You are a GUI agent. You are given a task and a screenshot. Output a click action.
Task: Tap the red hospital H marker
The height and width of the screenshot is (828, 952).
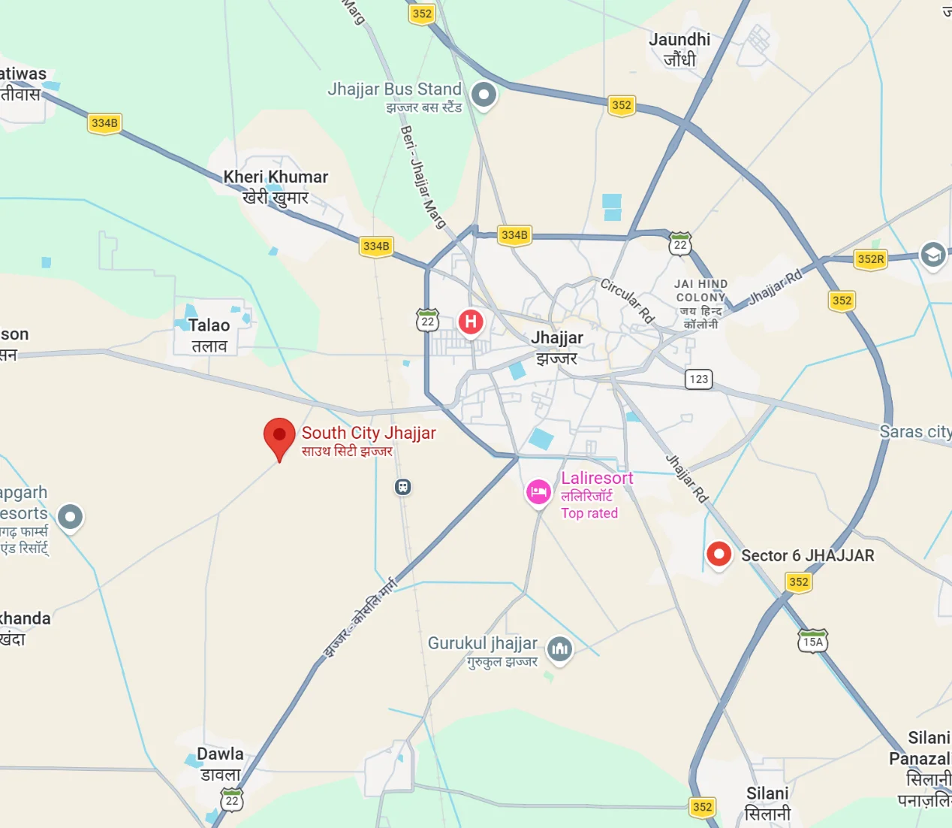click(471, 322)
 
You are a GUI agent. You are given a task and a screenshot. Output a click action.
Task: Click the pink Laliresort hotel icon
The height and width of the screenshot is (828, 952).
click(538, 492)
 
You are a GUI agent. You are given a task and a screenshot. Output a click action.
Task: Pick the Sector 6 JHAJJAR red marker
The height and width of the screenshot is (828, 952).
click(719, 555)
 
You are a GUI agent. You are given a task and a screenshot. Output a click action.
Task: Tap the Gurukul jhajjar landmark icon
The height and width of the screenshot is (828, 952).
click(559, 648)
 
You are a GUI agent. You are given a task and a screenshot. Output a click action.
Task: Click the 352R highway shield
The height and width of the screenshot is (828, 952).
click(871, 259)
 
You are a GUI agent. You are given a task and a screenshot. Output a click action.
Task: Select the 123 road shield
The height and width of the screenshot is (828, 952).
click(699, 379)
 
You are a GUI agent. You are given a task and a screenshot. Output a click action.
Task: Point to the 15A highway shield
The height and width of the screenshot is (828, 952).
click(813, 642)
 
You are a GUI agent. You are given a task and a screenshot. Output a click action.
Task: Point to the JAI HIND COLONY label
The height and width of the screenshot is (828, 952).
click(700, 291)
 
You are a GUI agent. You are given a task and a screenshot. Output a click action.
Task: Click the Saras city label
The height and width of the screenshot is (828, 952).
click(915, 432)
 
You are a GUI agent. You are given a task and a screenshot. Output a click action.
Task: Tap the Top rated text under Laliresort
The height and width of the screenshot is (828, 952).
click(589, 513)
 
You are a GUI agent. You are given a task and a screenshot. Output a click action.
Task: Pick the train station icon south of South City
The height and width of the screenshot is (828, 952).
click(403, 487)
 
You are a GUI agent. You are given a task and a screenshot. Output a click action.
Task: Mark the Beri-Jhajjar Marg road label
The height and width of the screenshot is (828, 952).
click(423, 177)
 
